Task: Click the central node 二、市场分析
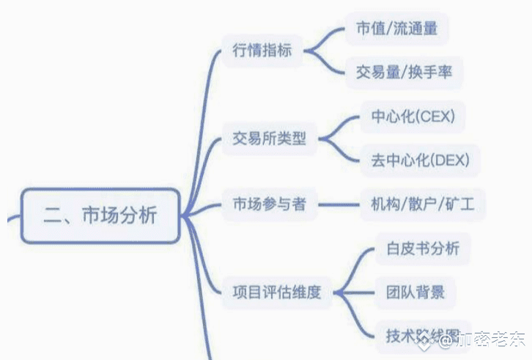[x=100, y=216]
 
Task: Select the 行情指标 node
[x=262, y=51]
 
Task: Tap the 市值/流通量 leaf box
[x=396, y=29]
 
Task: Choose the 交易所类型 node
[x=269, y=138]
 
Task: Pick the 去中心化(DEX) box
[x=415, y=159]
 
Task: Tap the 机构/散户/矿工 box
[x=418, y=204]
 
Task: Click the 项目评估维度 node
[x=276, y=292]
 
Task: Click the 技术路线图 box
[x=418, y=335]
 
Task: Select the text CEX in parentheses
[x=435, y=117]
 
